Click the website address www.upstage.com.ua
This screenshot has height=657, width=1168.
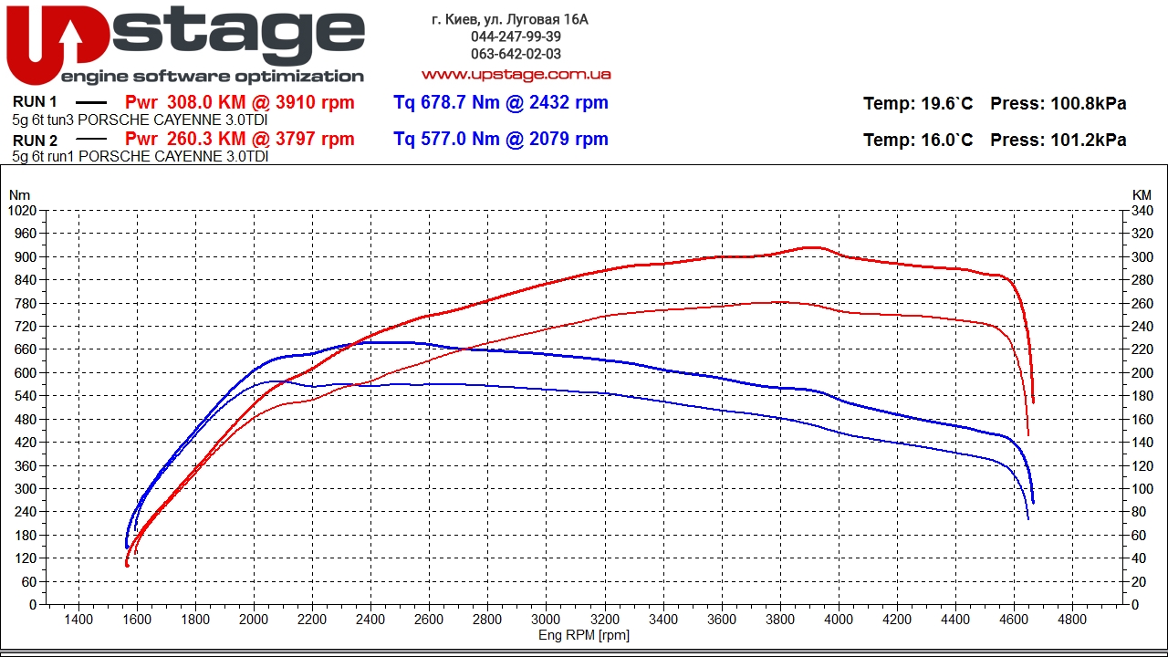(516, 74)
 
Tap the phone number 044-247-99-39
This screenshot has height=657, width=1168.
(516, 36)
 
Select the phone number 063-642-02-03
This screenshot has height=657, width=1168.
(516, 54)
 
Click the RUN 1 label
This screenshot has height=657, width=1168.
(36, 102)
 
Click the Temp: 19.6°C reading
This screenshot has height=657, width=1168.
(918, 103)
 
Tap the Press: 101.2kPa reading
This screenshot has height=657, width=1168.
(1058, 140)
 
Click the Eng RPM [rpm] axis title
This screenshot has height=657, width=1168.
(583, 635)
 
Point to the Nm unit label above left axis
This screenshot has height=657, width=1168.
(19, 194)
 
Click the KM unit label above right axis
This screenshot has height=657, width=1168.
(1142, 194)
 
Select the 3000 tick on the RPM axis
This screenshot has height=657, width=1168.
(546, 620)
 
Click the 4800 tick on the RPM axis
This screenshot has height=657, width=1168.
(1071, 620)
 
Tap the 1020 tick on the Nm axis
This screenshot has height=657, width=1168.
(22, 211)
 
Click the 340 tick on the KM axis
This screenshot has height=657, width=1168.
(1142, 211)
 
